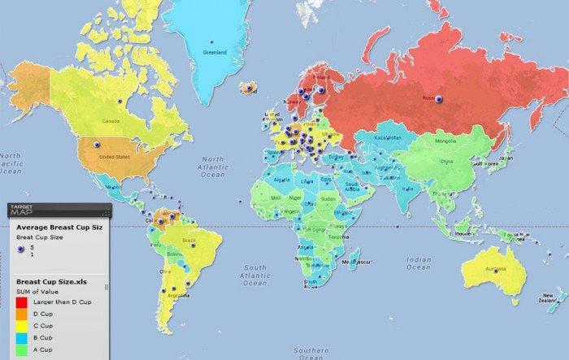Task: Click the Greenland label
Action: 215,53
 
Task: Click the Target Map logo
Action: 22,210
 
